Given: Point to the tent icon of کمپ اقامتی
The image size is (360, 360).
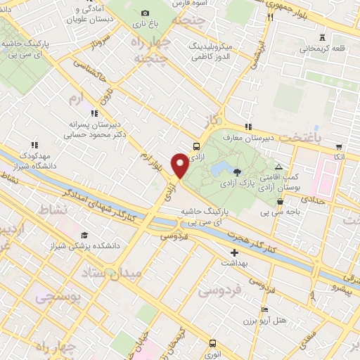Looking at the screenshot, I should pos(279,167).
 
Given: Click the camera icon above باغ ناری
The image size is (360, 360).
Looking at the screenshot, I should pos(146,13).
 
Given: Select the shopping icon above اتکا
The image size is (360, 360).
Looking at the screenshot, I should pos(339,147).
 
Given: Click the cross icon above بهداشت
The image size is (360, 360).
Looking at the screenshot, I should pos(235,252).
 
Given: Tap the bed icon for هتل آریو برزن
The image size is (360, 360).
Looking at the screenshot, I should pos(264,309).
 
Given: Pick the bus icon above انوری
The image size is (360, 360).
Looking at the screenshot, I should pos(213,344).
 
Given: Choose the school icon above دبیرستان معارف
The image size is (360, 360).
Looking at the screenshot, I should pos(247,126).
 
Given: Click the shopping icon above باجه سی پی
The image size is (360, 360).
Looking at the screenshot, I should pos(281,201).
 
